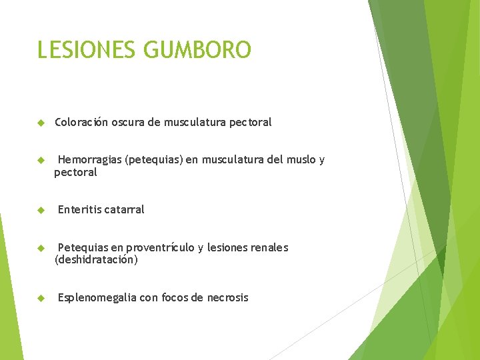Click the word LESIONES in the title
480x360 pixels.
point(87,50)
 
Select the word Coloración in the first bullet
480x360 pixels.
point(81,122)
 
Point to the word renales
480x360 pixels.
point(267,247)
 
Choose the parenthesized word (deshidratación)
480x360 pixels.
point(96,260)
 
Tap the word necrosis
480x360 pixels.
point(227,297)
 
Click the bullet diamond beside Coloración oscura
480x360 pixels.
point(41,123)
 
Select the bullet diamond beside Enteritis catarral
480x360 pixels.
point(41,210)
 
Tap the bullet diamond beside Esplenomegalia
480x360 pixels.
point(41,298)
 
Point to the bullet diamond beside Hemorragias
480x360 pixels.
point(41,160)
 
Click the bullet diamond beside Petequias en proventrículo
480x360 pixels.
point(41,248)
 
